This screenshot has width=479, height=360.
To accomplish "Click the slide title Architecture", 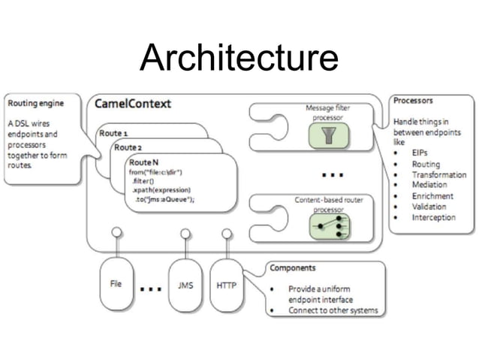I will pos(239,58).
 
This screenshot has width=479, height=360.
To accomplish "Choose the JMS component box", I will pos(185,285).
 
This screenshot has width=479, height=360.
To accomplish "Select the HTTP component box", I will pos(227,285).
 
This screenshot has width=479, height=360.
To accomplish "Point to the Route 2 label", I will pos(128,147).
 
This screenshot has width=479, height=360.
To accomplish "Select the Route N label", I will pos(143,162).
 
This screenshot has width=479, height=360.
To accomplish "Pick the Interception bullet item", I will pos(433,218).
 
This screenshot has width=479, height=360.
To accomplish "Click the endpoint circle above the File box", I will pos(116,232).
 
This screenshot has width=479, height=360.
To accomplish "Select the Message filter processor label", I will pos(327,112).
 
